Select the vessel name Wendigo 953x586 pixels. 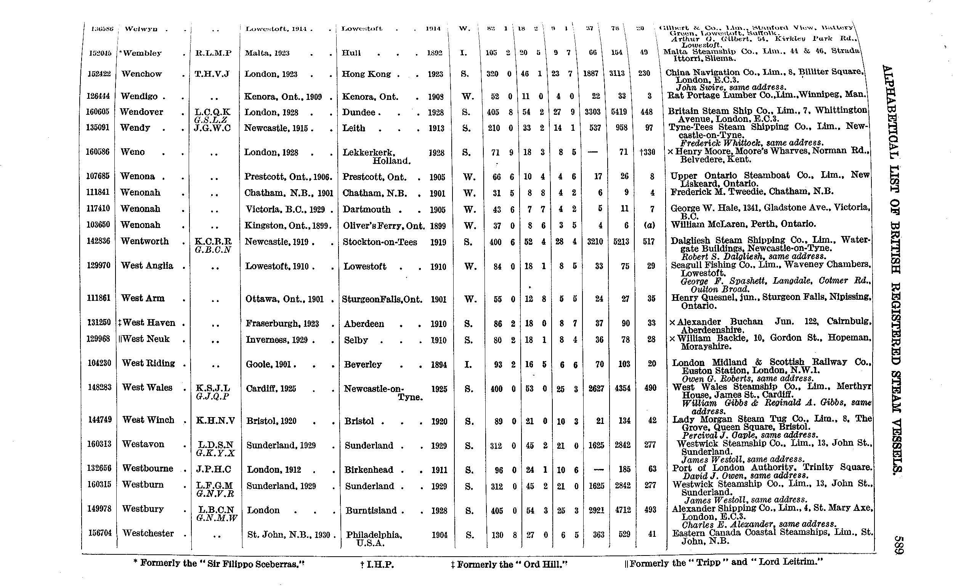click(139, 96)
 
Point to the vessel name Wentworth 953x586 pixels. click(144, 241)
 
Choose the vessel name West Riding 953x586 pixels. click(148, 363)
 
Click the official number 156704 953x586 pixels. click(100, 533)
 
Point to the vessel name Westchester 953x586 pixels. click(148, 533)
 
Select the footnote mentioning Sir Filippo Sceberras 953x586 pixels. click(219, 564)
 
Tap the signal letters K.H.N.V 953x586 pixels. click(215, 420)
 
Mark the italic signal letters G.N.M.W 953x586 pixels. click(217, 518)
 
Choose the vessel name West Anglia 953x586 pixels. click(147, 265)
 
